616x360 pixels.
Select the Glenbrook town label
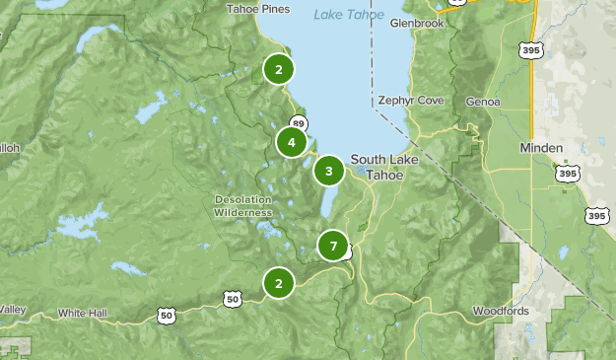coord(417,23)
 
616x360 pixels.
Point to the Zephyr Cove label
coord(411,101)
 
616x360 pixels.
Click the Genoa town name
coord(483,101)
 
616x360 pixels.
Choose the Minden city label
coord(541,148)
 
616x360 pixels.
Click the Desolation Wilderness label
coord(241,205)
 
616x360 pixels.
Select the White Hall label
coord(83,313)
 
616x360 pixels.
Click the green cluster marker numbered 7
coord(334,246)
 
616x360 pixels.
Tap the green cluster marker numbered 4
coord(292,142)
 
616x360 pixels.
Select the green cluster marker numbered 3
coord(328,171)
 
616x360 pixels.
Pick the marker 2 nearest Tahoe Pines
coord(279,69)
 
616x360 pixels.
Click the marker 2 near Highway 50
coord(279,284)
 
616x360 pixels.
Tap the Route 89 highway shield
coord(299,123)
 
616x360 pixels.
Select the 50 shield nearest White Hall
coord(167,314)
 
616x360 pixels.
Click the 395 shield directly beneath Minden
coord(567,174)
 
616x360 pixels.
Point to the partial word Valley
coord(12,310)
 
